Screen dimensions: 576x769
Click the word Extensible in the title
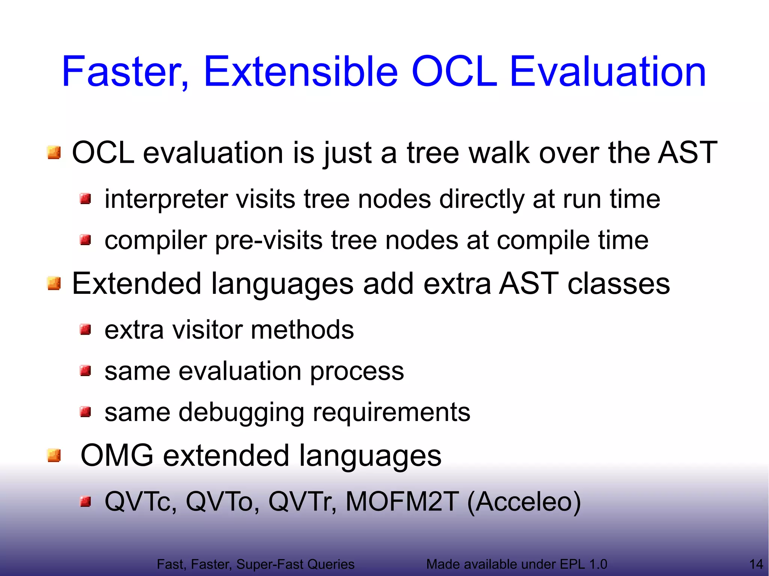click(300, 71)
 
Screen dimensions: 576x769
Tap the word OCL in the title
click(454, 71)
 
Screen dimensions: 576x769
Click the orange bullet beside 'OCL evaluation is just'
click(54, 153)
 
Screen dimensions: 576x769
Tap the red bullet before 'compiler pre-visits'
click(86, 239)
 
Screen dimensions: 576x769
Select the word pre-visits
click(268, 240)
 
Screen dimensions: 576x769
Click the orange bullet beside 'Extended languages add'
click(54, 284)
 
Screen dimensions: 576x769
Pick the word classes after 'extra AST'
click(618, 284)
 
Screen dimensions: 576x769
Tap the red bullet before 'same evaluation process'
click(86, 371)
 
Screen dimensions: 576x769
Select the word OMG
click(117, 456)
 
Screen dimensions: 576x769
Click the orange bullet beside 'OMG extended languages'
click(54, 456)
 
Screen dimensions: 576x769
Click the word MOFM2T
click(402, 502)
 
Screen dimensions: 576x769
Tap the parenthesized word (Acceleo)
click(524, 502)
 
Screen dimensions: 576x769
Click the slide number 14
click(756, 564)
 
